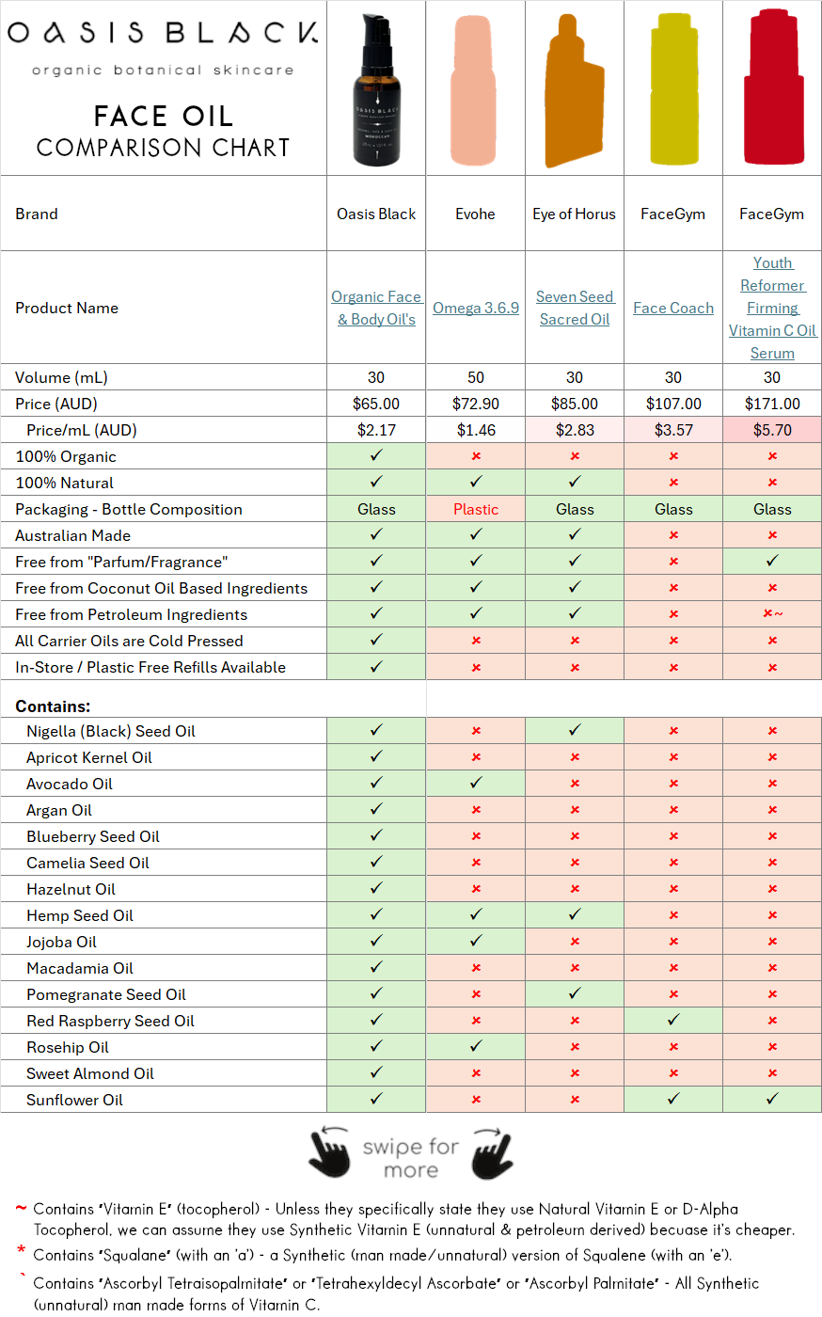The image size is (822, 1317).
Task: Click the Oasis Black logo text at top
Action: pos(163,33)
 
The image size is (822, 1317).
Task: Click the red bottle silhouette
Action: pos(773,89)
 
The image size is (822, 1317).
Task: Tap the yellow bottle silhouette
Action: pos(674,89)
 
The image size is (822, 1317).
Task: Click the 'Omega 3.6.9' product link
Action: pos(476,309)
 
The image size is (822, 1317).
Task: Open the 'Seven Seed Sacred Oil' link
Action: pos(575,309)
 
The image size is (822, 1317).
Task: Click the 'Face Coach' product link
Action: pos(673,309)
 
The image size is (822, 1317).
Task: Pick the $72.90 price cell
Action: pos(476,404)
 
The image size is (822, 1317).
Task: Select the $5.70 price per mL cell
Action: pos(772,430)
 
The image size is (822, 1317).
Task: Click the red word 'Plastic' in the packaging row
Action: pos(476,509)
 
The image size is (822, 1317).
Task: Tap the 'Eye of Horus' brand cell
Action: pos(574,214)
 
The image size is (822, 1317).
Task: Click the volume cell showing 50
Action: pos(476,377)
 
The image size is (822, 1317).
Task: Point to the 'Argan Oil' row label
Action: pos(59,810)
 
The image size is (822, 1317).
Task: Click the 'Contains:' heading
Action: pos(53,706)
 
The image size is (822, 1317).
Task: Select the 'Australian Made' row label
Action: pos(72,535)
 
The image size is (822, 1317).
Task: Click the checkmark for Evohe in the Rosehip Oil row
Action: pos(476,1046)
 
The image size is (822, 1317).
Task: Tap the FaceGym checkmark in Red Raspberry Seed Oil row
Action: pos(673,1020)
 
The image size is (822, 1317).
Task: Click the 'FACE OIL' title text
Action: pos(164,117)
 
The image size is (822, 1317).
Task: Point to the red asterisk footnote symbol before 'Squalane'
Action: pos(21,1251)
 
